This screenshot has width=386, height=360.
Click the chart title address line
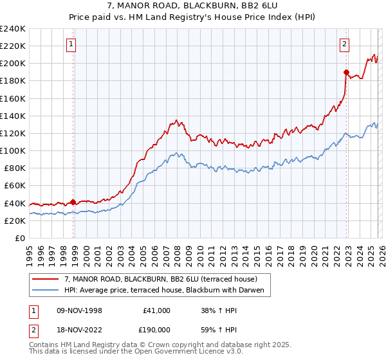click(x=193, y=6)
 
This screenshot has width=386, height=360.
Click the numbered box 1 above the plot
click(x=70, y=44)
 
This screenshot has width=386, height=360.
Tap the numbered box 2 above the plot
click(x=345, y=44)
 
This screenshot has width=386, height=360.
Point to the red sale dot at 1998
click(x=73, y=202)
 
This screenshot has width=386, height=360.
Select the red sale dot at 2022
click(x=346, y=72)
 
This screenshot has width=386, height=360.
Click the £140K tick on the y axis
click(x=13, y=116)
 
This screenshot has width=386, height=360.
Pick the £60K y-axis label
click(x=15, y=185)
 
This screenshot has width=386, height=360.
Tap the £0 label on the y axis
click(x=19, y=238)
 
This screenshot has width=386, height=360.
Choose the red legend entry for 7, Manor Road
click(x=161, y=279)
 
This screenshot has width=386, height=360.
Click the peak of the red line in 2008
click(x=176, y=120)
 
